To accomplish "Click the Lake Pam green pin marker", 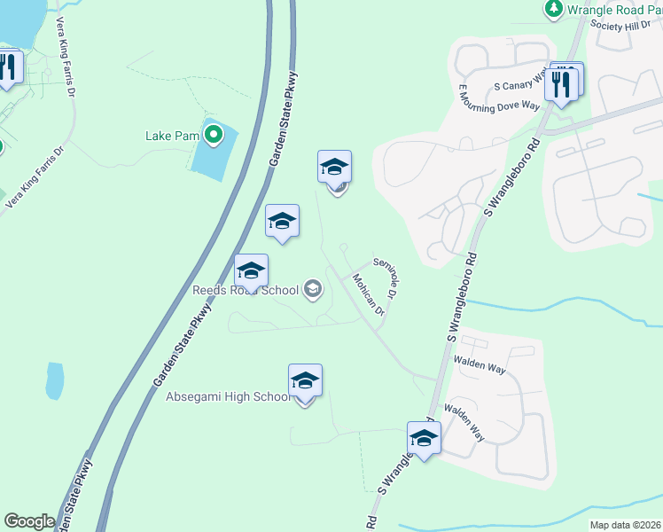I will tap(213, 136).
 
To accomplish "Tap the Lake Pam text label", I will tap(172, 137).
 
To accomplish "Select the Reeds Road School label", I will tap(246, 290).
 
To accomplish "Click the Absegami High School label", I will tap(229, 396).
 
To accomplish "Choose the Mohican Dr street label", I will tap(368, 294).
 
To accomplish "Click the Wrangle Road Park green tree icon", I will tap(554, 9).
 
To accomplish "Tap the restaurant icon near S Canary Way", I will tap(563, 83).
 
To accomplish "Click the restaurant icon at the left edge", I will tap(8, 67).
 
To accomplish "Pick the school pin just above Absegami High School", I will tap(305, 381).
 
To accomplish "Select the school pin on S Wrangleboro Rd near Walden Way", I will tap(424, 438).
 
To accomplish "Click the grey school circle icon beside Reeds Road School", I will tap(312, 289).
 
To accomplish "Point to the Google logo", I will tap(28, 521).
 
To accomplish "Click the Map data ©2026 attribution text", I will tap(624, 525).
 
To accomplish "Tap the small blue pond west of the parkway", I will tap(55, 380).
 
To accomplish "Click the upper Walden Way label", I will tap(480, 363).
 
